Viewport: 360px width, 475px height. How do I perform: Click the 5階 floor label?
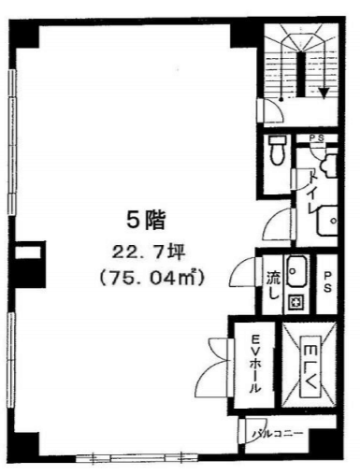tap(146, 220)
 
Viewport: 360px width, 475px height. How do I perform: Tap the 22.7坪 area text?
tap(149, 253)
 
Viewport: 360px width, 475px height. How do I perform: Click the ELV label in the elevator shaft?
tap(310, 367)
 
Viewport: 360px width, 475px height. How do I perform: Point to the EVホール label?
tap(255, 363)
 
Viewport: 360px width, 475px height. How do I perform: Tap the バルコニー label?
tap(278, 434)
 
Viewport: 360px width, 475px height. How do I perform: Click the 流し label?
tap(273, 285)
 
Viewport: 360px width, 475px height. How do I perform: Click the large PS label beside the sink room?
tap(327, 282)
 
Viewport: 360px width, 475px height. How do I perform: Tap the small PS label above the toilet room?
tap(316, 137)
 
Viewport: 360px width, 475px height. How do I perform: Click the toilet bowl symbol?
tap(276, 151)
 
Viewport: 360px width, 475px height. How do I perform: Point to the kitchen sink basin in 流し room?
tap(296, 271)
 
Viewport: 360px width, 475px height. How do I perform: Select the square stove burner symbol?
tap(295, 302)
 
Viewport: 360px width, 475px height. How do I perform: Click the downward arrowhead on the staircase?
tap(324, 93)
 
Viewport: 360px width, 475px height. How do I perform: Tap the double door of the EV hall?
tap(216, 367)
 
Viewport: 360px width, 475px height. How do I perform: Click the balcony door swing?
tap(253, 431)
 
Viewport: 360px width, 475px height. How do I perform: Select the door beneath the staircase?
tap(270, 110)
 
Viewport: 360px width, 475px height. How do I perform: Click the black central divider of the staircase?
tap(300, 74)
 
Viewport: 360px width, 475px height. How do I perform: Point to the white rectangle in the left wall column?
tap(28, 252)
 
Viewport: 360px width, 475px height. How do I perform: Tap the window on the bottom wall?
tap(137, 458)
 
